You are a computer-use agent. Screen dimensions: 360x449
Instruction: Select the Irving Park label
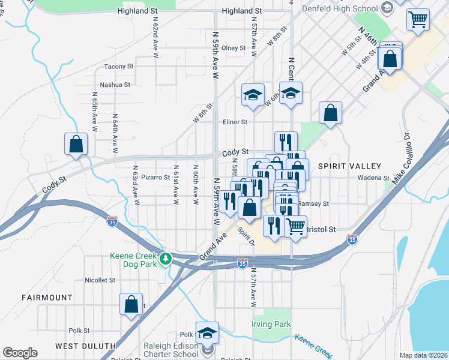(x=271, y=325)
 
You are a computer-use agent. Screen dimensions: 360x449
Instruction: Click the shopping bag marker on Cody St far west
(x=76, y=145)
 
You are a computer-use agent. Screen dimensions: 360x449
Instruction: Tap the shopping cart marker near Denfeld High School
(x=418, y=19)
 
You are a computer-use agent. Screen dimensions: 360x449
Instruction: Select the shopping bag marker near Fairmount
(x=131, y=304)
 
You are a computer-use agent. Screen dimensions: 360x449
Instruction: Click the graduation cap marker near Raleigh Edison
(x=208, y=333)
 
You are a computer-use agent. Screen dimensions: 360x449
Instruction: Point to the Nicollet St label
(x=100, y=280)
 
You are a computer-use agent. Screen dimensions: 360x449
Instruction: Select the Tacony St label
(x=118, y=67)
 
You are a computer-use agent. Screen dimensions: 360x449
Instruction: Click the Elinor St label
(x=235, y=122)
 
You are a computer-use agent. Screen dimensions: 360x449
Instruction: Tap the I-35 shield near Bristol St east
(x=352, y=240)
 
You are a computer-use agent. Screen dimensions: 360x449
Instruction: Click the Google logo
(x=20, y=353)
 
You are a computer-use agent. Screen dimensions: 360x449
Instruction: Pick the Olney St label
(x=234, y=48)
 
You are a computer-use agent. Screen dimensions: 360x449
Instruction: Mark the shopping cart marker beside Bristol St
(x=295, y=227)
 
